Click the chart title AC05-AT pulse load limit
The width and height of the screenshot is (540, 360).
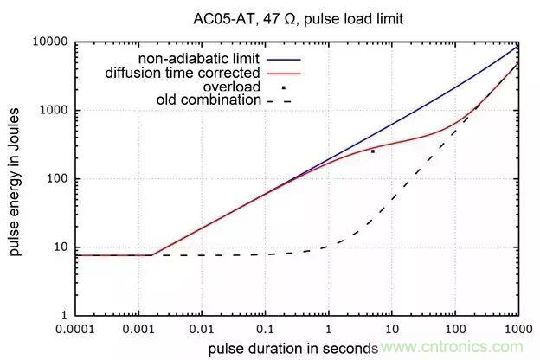pyautogui.click(x=299, y=16)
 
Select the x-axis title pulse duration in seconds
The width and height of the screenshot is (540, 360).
pyautogui.click(x=292, y=349)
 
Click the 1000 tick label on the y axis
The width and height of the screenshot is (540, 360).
pyautogui.click(x=55, y=110)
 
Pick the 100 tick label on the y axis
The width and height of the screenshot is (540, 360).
pyautogui.click(x=57, y=179)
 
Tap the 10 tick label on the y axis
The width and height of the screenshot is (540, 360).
pyautogui.click(x=61, y=248)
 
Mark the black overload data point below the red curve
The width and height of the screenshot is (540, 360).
pyautogui.click(x=373, y=151)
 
